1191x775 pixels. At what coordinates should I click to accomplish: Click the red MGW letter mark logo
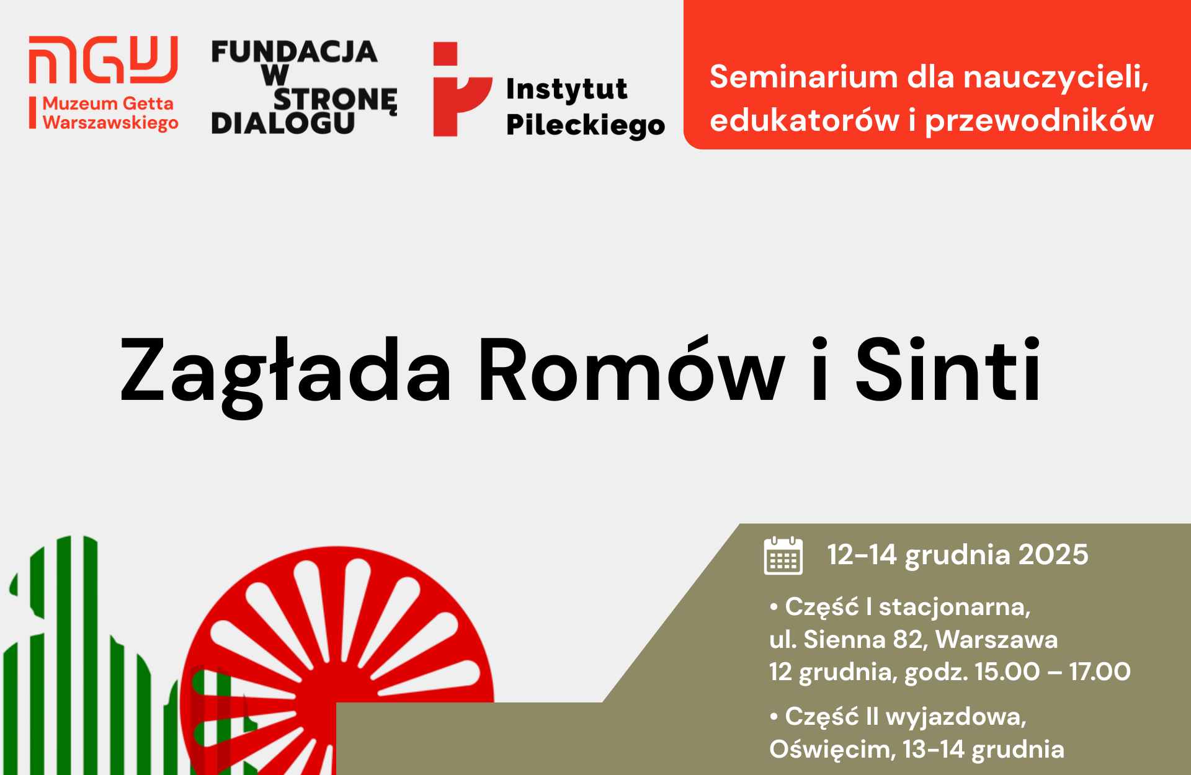pos(103,60)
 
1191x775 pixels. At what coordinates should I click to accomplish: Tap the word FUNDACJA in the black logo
pos(294,52)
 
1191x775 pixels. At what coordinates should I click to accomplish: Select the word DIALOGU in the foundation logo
pos(283,123)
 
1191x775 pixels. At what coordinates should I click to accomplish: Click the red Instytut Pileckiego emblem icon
pos(462,89)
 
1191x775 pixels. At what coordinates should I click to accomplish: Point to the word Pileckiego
pos(586,126)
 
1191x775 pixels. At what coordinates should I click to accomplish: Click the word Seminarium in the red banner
pos(803,77)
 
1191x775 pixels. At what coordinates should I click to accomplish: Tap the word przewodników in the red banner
pos(1040,120)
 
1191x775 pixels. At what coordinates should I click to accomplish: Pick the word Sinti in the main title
pos(948,370)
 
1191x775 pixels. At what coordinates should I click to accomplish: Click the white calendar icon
pos(783,556)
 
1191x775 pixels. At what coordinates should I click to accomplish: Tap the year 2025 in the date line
pos(1053,554)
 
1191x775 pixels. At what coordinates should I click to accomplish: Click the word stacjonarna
pos(955,607)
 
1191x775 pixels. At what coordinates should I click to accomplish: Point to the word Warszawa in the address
pos(996,639)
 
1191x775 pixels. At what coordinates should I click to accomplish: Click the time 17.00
pos(1100,671)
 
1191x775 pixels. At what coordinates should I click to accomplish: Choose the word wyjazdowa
pos(956,717)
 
